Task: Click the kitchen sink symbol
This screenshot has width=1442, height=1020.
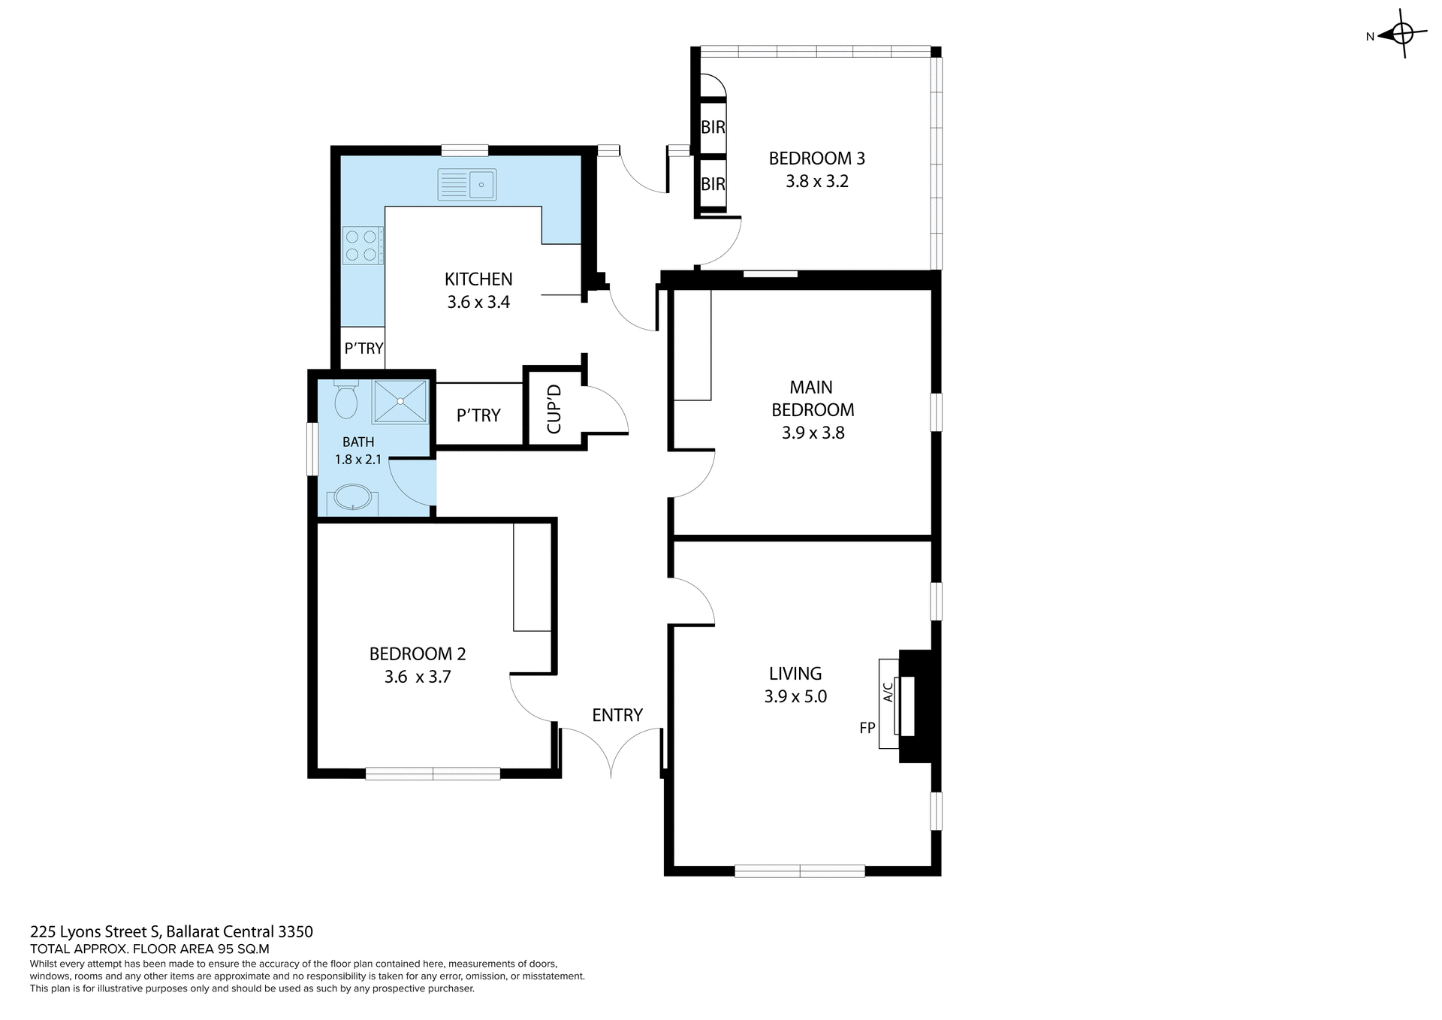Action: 466,185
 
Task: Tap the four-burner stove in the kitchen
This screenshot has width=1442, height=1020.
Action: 362,246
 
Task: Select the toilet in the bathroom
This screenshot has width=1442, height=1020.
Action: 345,402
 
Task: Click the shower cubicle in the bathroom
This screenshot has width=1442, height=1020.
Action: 401,402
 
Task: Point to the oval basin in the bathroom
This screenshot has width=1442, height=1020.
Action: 352,497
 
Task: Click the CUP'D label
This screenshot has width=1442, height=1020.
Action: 554,409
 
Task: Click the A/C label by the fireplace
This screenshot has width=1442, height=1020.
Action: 888,691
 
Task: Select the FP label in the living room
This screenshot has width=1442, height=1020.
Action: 867,728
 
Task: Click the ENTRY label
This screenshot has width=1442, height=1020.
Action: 617,716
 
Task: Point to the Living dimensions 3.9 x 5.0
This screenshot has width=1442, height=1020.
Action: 795,697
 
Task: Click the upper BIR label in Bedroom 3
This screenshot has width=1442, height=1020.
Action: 713,128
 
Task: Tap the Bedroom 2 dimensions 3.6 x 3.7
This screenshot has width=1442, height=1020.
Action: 418,677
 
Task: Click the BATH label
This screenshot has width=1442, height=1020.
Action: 358,442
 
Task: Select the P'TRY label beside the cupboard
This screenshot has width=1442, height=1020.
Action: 478,416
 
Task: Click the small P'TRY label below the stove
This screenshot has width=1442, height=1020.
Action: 364,349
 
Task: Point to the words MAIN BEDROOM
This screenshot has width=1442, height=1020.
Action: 812,399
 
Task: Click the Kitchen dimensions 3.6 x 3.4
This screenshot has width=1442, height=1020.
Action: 478,303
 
